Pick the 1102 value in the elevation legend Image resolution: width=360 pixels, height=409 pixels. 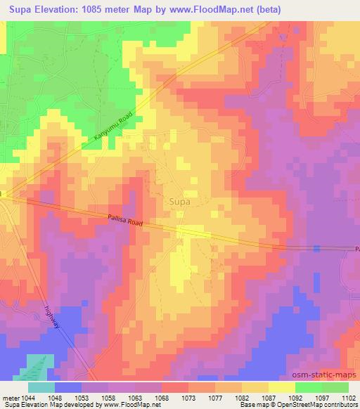pos(349,397)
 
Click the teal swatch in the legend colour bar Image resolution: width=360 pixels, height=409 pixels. pos(41,387)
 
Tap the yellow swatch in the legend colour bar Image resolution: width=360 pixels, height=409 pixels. pos(282,387)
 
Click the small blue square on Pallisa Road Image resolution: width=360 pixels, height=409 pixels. pos(317,248)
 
